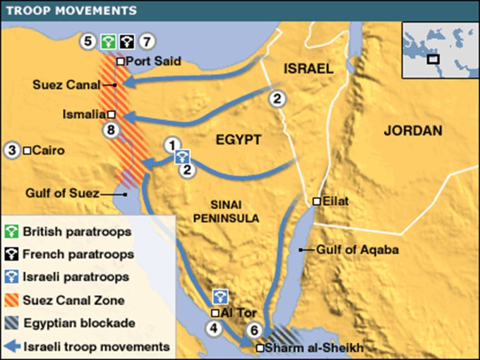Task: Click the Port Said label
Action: tap(154, 61)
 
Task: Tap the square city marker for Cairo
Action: tap(27, 151)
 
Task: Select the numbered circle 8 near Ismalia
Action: tap(111, 131)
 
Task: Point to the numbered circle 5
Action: tap(88, 41)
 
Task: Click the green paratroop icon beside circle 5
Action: tap(108, 42)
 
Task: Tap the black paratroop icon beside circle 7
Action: tap(127, 42)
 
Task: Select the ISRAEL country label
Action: tap(309, 68)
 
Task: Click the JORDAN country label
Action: tap(413, 130)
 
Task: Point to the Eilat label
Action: tap(336, 202)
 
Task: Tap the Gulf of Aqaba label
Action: tap(357, 250)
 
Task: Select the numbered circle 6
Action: tap(254, 330)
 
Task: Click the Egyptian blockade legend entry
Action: tap(79, 323)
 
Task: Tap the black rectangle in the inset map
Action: tap(433, 59)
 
